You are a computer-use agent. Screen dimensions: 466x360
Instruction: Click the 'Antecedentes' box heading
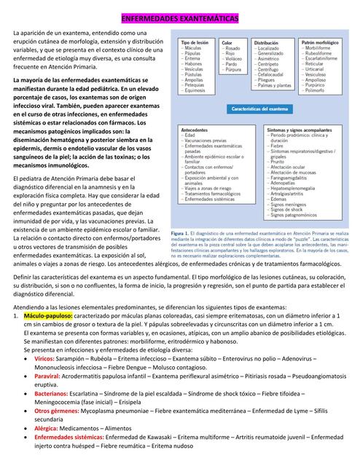coord(194,129)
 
